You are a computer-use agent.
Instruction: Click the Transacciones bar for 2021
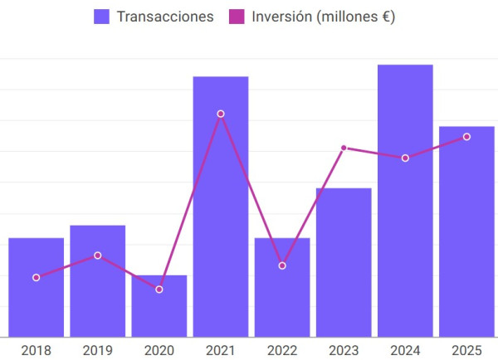[x=221, y=207]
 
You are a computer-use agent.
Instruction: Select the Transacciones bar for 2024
[x=405, y=201]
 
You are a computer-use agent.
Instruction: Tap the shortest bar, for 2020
[x=159, y=306]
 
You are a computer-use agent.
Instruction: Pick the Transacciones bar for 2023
[x=344, y=263]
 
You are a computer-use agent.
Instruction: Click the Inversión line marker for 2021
[x=221, y=114]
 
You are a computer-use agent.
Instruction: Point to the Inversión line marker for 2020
[x=159, y=289]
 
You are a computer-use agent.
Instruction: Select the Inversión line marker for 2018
[x=37, y=277]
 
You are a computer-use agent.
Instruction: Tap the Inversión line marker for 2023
[x=344, y=148]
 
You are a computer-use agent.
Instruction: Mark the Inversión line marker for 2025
[x=466, y=137]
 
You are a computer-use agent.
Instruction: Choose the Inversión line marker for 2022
[x=282, y=265]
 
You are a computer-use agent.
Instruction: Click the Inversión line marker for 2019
[x=98, y=255]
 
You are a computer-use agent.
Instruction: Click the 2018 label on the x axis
[x=37, y=351]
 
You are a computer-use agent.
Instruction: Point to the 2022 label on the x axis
[x=282, y=351]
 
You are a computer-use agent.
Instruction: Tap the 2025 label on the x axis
[x=466, y=351]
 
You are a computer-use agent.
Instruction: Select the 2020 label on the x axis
[x=159, y=351]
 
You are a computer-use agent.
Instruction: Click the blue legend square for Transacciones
[x=101, y=17]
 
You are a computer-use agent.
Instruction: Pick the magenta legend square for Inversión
[x=237, y=17]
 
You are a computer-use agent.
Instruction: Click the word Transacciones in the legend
[x=165, y=17]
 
